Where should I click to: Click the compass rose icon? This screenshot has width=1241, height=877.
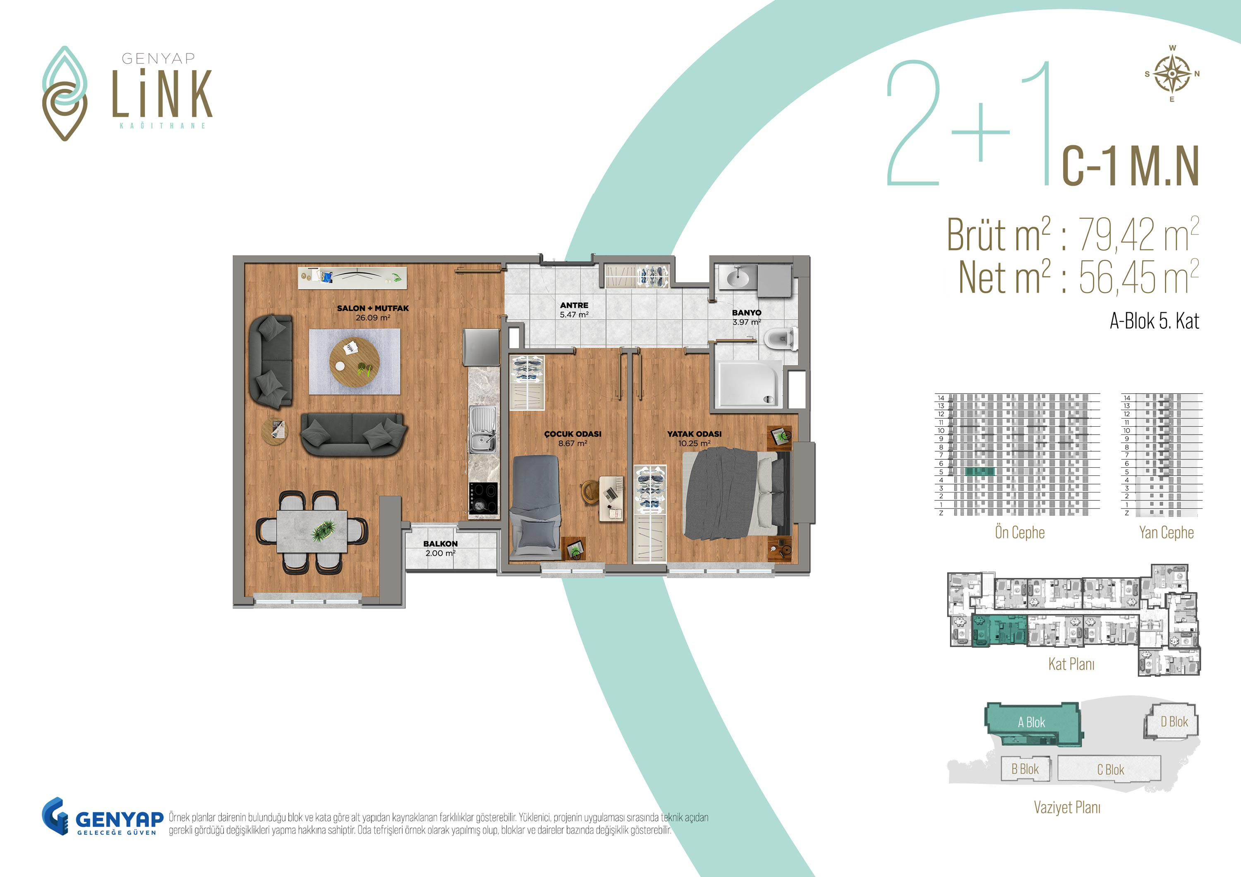1172,74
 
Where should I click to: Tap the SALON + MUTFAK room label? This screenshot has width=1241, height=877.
373,308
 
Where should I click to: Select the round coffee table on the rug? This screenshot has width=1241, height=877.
355,362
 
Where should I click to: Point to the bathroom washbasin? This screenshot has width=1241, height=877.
737,278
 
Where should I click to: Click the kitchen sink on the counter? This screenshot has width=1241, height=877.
483,430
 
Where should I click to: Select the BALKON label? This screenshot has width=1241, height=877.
441,544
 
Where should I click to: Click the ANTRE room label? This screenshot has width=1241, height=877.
574,305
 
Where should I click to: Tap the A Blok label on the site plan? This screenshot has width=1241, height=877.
1031,722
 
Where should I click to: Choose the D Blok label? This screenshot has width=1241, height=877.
1174,722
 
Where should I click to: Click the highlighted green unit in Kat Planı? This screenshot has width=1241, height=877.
999,630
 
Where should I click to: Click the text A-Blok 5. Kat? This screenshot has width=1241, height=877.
1155,321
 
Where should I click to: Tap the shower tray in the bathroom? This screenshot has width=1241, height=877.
749,384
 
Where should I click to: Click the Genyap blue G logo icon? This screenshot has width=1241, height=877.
55,816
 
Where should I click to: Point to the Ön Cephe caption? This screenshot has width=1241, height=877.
1020,532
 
